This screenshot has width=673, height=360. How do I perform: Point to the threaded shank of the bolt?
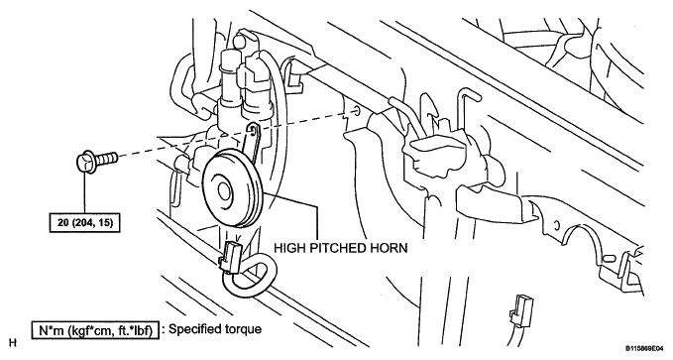pyautogui.click(x=107, y=159)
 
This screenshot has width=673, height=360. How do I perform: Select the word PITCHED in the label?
pyautogui.click(x=337, y=248)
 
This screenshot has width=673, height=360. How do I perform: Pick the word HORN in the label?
pyautogui.click(x=389, y=248)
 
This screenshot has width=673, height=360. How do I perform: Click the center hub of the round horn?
pyautogui.click(x=224, y=189)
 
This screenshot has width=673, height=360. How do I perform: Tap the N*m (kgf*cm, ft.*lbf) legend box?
pyautogui.click(x=95, y=330)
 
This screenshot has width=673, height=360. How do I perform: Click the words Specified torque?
pyautogui.click(x=215, y=329)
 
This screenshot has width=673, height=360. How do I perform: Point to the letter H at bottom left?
pyautogui.click(x=13, y=343)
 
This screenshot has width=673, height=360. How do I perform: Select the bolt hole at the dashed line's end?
pyautogui.click(x=357, y=112)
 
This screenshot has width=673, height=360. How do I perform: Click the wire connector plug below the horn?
pyautogui.click(x=230, y=258)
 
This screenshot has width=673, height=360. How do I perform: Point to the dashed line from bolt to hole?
pyautogui.click(x=236, y=135)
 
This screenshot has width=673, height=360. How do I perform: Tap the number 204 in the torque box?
pyautogui.click(x=86, y=223)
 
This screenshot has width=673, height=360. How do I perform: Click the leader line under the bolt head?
pyautogui.click(x=84, y=193)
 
